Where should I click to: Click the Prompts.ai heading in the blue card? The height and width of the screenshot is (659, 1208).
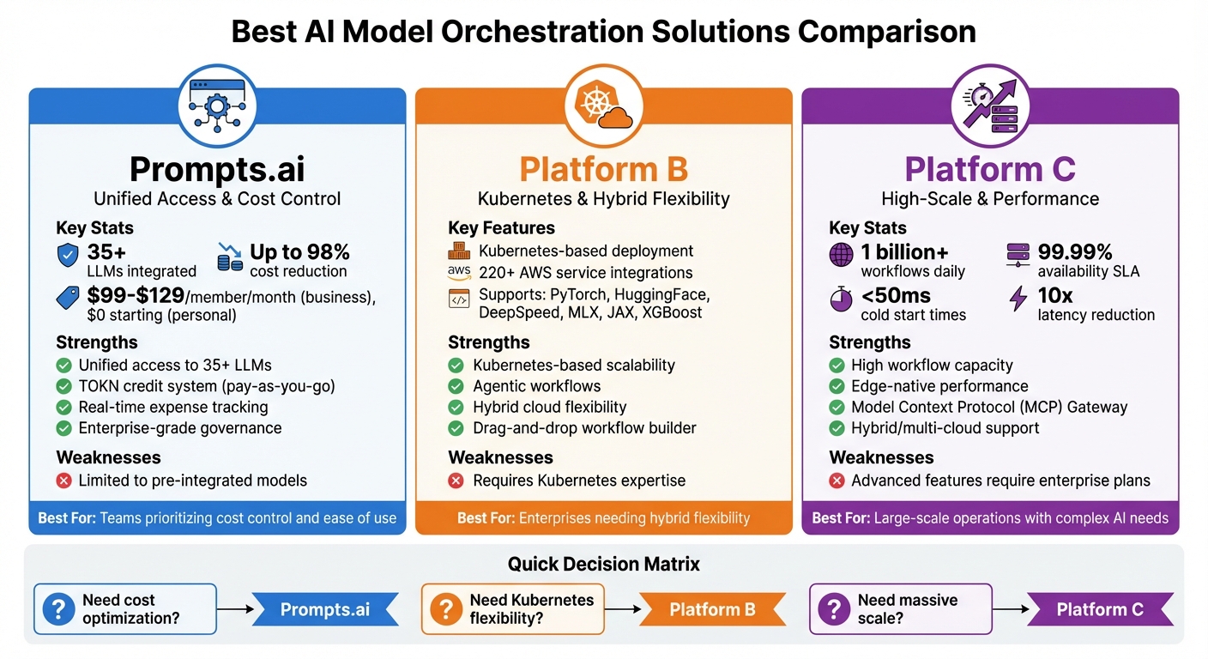click(217, 168)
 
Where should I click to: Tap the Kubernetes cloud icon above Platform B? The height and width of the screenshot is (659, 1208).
click(603, 107)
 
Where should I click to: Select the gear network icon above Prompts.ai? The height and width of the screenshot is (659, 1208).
click(217, 107)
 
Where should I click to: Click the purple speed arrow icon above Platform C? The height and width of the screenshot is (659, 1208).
click(990, 107)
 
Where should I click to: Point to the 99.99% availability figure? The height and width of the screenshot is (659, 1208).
click(1074, 252)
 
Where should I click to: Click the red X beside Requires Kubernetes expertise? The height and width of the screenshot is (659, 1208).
click(456, 481)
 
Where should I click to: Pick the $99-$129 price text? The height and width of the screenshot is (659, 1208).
click(136, 296)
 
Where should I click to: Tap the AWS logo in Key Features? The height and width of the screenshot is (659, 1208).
click(460, 273)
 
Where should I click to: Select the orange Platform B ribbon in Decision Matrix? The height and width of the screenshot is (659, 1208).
click(712, 609)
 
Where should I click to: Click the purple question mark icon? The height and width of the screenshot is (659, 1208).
click(832, 609)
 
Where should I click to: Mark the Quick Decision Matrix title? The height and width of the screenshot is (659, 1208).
click(603, 564)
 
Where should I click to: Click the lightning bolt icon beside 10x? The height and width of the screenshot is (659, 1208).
click(1018, 298)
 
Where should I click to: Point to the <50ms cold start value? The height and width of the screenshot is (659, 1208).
click(896, 296)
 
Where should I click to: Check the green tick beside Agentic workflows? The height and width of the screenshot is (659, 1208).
click(456, 386)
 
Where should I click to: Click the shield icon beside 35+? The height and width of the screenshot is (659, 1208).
click(68, 255)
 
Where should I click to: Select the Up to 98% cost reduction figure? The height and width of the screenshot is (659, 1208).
click(299, 252)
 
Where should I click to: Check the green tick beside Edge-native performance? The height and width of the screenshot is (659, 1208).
click(837, 386)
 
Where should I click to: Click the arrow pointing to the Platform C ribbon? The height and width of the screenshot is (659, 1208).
click(1010, 609)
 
